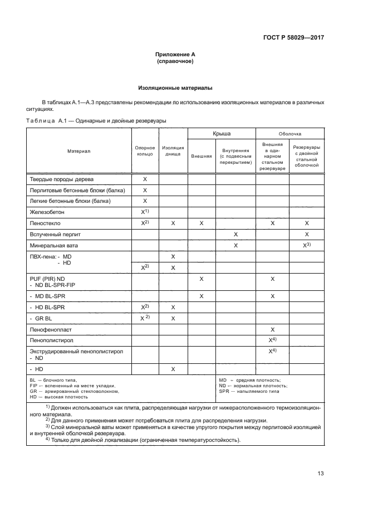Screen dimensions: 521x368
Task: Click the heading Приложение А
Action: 175,54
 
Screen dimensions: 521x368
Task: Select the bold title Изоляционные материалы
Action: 175,88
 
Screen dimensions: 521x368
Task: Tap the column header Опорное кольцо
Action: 145,151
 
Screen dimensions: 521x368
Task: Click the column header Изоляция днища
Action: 173,151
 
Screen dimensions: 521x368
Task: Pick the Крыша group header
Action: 222,134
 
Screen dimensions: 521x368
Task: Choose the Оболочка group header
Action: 290,134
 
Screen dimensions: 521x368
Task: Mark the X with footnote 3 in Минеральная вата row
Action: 306,245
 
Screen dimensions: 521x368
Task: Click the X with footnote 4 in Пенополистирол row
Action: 273,340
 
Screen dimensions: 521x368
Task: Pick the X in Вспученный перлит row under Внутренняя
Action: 236,234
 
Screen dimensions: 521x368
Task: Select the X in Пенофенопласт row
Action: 272,330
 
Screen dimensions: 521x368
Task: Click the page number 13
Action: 320,474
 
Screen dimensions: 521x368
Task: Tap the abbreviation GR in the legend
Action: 33,391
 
